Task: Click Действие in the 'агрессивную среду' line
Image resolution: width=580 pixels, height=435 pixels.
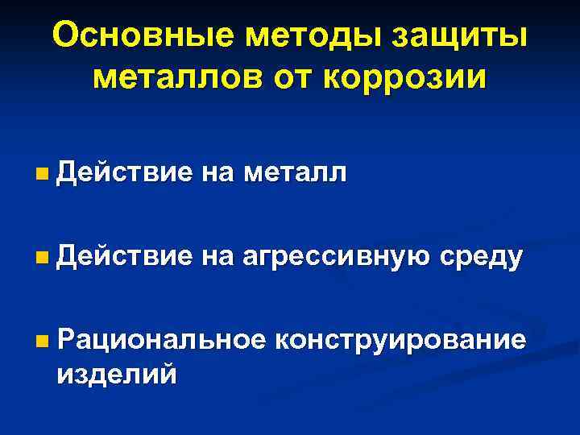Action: tap(125, 258)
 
